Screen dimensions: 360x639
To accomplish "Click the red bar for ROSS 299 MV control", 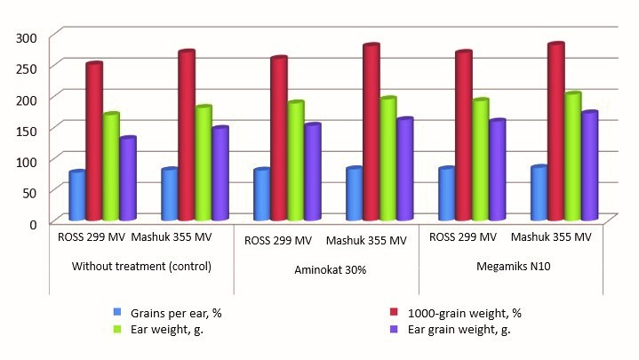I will pyautogui.click(x=94, y=142).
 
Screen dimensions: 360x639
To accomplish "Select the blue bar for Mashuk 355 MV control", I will pyautogui.click(x=170, y=195).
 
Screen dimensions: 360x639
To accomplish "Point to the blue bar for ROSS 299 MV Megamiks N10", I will pyautogui.click(x=447, y=195).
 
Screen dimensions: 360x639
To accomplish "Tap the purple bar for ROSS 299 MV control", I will pyautogui.click(x=127, y=179).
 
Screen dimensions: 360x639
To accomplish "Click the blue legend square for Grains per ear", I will pyautogui.click(x=117, y=312).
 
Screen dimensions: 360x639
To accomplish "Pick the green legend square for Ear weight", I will pyautogui.click(x=117, y=328).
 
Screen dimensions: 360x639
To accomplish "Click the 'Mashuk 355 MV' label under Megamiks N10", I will pyautogui.click(x=551, y=237).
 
